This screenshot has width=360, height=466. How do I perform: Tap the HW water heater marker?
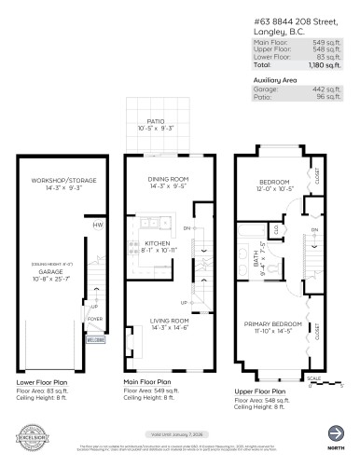(98, 226)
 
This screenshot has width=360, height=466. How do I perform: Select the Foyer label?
(94, 318)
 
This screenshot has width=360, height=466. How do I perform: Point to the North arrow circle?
(334, 432)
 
